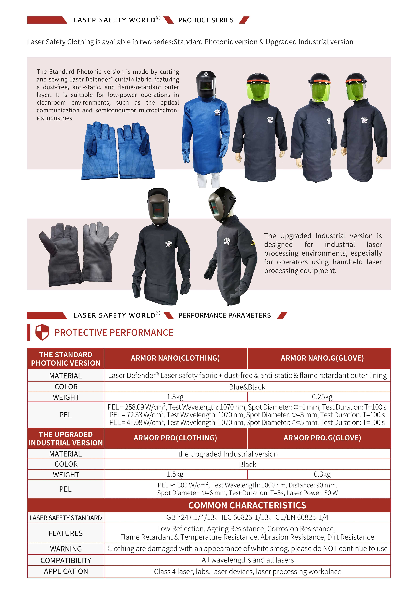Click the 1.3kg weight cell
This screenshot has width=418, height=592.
pyautogui.click(x=175, y=397)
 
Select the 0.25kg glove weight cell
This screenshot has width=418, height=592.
pyautogui.click(x=322, y=397)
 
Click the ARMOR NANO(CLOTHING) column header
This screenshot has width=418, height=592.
pyautogui.click(x=175, y=358)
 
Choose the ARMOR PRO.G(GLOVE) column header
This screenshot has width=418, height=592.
pyautogui.click(x=322, y=438)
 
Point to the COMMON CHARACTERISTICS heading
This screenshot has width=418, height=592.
pyautogui.click(x=247, y=505)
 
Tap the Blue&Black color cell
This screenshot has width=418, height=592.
pyautogui.click(x=247, y=387)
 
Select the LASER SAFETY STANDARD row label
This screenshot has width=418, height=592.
pyautogui.click(x=66, y=518)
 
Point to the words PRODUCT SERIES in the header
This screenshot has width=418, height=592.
pyautogui.click(x=206, y=20)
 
